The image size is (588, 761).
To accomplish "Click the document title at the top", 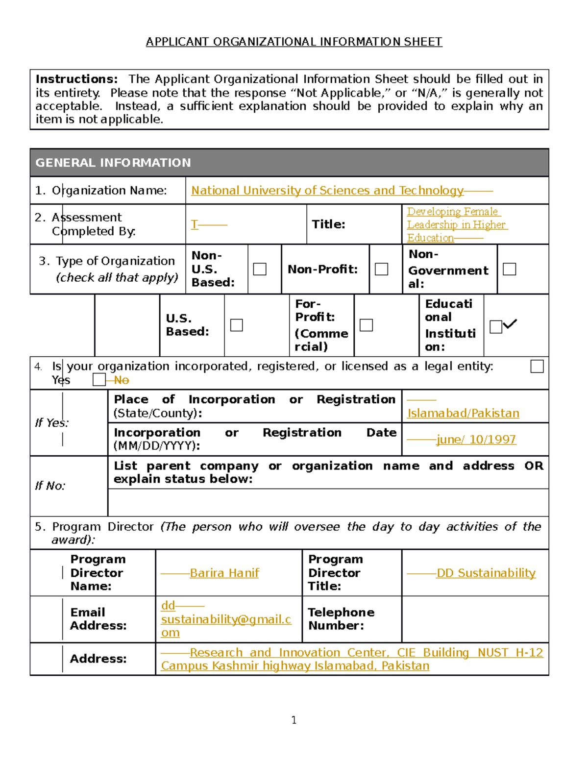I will (294, 42).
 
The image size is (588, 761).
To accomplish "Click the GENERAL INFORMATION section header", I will (113, 163).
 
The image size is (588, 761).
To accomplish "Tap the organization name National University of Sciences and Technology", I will (327, 191).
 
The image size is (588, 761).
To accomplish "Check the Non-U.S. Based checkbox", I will (260, 269).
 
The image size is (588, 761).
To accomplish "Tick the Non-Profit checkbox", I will (381, 269).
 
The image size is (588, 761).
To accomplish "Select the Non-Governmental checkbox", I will (510, 269).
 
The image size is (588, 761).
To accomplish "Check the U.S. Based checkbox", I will (237, 325).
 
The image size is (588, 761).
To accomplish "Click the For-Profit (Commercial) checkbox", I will (366, 325).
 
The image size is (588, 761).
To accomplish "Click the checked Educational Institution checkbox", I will (496, 326).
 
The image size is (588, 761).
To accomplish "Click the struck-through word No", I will (121, 380).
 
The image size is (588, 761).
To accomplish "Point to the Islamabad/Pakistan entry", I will (463, 413).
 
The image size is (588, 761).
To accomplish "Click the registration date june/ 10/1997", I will (476, 440).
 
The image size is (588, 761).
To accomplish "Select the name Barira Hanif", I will (224, 573).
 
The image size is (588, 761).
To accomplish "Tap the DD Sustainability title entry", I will (486, 573).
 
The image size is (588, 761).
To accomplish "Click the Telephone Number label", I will (341, 619).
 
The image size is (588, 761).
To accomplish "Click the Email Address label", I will (98, 619).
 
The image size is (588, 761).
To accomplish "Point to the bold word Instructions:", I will (76, 79).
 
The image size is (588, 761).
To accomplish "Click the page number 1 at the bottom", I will (294, 720).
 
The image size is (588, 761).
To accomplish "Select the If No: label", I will (50, 486).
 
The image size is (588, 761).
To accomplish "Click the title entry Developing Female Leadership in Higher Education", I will (456, 225).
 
